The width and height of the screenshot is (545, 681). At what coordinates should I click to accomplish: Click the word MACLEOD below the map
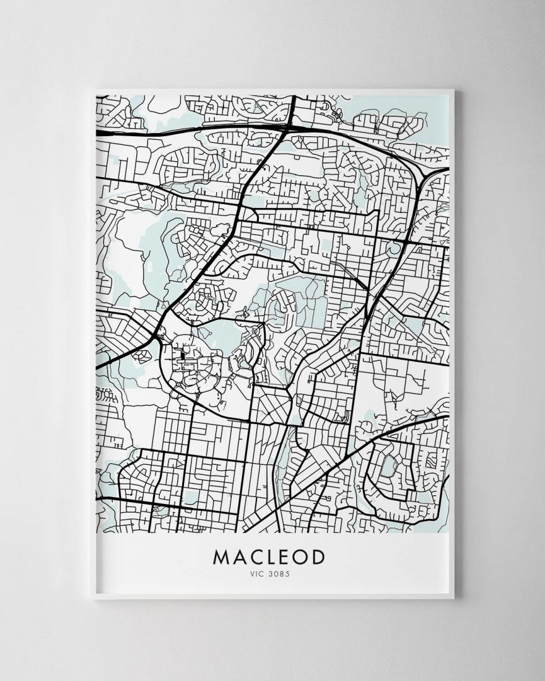(269, 557)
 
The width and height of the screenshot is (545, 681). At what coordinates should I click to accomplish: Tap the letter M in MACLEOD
(221, 557)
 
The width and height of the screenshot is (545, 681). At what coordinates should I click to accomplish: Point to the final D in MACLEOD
(318, 557)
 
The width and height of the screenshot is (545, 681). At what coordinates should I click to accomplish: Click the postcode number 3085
(279, 573)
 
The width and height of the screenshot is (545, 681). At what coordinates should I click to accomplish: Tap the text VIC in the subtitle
(257, 573)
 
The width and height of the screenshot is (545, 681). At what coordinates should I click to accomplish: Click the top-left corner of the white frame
(92, 91)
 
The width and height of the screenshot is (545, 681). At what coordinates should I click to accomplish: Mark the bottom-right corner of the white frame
(454, 599)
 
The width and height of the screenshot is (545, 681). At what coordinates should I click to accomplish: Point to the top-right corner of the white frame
(454, 91)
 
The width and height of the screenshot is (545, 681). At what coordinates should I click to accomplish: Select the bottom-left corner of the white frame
(92, 599)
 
